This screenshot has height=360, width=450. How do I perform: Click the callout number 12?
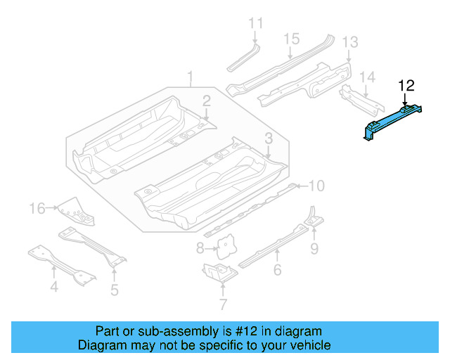pos(406,86)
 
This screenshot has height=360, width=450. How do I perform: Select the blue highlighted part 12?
pos(393,123)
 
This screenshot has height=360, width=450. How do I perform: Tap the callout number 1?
pos(189,75)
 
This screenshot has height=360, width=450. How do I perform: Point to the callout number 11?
pos(255,23)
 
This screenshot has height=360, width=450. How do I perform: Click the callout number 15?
pos(292,38)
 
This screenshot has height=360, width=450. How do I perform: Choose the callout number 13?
pos(350,42)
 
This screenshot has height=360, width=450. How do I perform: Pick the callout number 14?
pos(368,77)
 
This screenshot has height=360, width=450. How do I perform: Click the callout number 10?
pos(317,186)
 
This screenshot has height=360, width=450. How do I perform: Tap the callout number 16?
pos(37,207)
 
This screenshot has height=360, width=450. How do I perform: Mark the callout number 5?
pos(114,288)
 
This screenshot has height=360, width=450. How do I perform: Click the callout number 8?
pos(200,247)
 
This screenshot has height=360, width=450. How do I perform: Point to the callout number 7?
pos(223,304)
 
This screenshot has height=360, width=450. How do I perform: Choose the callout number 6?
pos(278,270)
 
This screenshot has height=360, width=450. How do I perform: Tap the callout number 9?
pos(314,247)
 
